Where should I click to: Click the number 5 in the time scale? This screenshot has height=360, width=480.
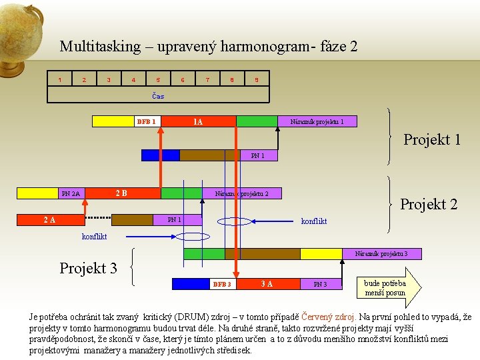click(158, 81)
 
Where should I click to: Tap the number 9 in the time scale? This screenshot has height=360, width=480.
click(257, 81)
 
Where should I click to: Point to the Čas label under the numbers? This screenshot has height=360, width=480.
click(158, 96)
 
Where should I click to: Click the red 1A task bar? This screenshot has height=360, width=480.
click(199, 121)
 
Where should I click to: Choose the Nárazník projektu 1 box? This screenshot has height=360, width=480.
click(317, 121)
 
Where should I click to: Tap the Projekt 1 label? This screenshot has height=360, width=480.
click(432, 140)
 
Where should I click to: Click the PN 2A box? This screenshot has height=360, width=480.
click(71, 193)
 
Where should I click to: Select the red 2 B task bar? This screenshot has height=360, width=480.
click(121, 193)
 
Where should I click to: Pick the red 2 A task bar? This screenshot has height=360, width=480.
click(50, 219)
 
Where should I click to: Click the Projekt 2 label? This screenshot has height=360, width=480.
click(429, 204)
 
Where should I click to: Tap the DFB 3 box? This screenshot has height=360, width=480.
click(222, 284)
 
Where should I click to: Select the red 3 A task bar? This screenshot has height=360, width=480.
click(266, 284)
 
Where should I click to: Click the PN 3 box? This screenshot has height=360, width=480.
click(320, 284)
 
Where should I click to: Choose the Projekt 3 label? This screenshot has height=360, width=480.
click(88, 268)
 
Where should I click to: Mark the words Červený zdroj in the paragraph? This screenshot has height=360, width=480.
click(330, 317)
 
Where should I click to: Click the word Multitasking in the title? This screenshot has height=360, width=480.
click(100, 47)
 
